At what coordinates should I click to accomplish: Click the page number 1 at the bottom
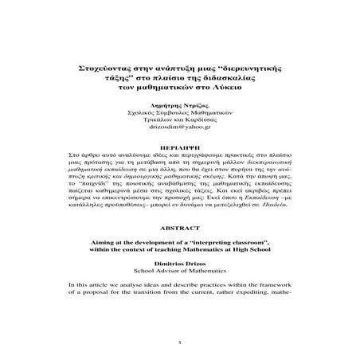point(179,344)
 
